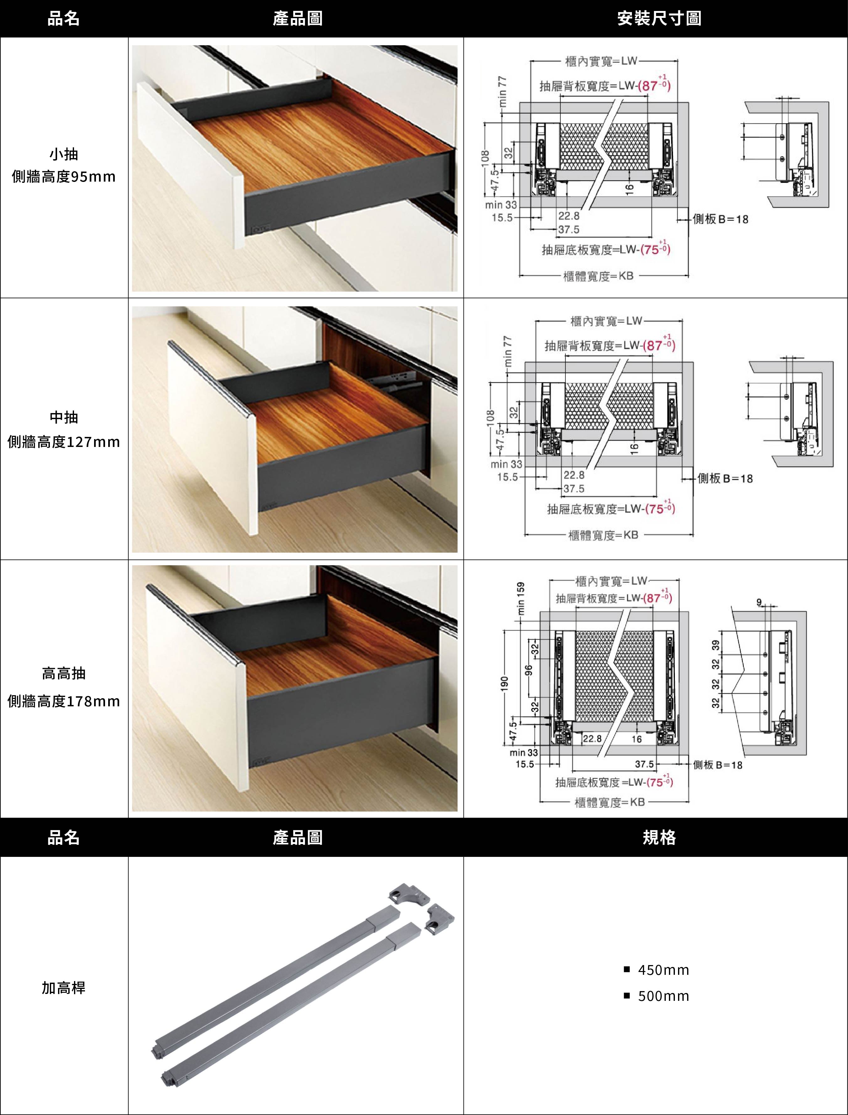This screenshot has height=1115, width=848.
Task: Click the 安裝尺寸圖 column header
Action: coord(659,19)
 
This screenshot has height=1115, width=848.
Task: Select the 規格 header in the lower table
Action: coord(659,837)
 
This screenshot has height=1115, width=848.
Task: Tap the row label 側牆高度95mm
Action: coord(64,177)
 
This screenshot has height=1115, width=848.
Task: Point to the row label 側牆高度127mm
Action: coord(64,442)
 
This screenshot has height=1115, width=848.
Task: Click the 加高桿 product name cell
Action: coord(64,988)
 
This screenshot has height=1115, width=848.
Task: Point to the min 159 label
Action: coord(520,599)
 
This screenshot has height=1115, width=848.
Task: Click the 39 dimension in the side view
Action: coord(715,645)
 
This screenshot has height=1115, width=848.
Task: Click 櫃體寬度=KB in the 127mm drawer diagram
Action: coord(604,535)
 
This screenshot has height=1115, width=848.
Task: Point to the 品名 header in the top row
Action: coord(64,19)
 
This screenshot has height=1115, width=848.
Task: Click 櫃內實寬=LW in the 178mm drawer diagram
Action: coord(611,581)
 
